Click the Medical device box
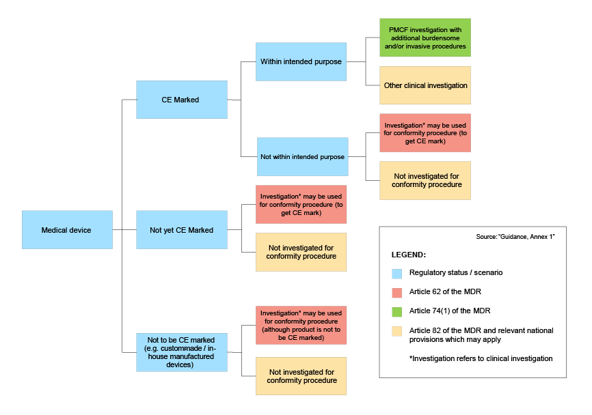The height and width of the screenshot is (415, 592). point(67,230)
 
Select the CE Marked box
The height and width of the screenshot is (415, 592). point(181,100)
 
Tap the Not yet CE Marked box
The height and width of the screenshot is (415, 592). point(181,230)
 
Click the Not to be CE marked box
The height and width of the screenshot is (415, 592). point(181,352)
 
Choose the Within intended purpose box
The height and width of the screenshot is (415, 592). point(301,61)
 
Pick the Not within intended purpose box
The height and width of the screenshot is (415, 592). point(302,157)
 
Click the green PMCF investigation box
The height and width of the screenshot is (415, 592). point(425,38)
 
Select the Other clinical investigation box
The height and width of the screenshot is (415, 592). point(425,85)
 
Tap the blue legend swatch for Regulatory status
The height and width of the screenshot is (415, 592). point(396,273)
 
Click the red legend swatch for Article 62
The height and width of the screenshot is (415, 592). point(396,292)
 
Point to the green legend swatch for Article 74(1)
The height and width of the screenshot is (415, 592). point(396,311)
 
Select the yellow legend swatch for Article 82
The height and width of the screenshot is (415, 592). point(396,331)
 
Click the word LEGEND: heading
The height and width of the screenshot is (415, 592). point(409,254)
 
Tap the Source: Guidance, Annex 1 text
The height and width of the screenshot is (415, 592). point(516,236)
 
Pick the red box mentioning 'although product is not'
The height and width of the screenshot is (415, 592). point(301,325)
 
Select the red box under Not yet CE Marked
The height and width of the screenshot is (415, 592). point(301,204)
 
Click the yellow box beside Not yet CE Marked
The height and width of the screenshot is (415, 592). point(301,252)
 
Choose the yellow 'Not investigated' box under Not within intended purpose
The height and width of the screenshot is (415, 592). point(425,180)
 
